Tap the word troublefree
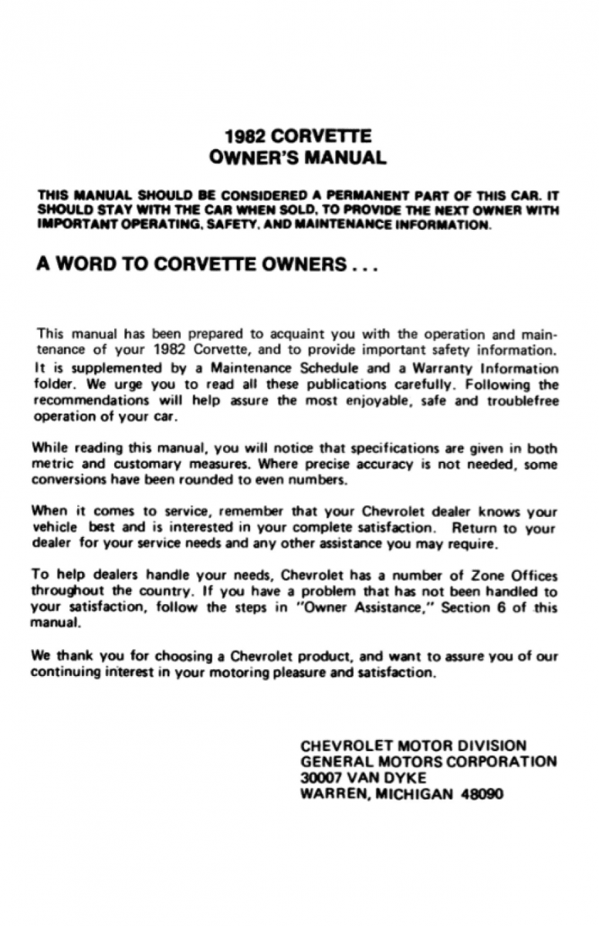[524, 401]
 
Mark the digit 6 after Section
[497, 607]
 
